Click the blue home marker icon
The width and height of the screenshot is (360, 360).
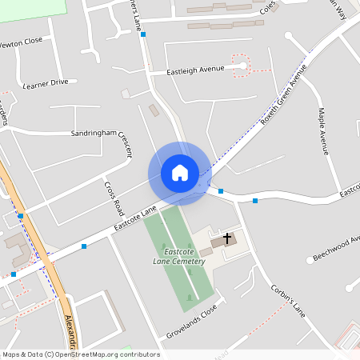click(179, 173)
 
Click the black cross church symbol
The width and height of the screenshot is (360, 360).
click(227, 238)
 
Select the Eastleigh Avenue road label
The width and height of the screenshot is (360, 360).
click(194, 72)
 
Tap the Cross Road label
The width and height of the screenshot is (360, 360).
click(113, 198)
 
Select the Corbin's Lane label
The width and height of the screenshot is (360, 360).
click(288, 298)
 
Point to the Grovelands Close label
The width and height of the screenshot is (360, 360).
click(191, 322)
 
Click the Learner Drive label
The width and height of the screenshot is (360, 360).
click(50, 83)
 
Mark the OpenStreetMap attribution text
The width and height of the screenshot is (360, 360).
click(80, 354)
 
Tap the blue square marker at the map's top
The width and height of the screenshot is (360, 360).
click(143, 34)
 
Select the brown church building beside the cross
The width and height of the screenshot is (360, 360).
click(218, 242)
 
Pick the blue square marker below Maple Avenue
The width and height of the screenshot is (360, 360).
click(255, 200)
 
